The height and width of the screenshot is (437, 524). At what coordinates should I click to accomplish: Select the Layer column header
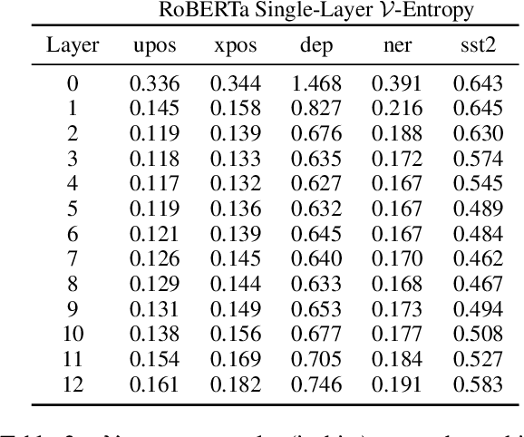[73, 44]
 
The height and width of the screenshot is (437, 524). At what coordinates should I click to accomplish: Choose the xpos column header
[235, 46]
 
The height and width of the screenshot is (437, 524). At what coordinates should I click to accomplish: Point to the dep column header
[315, 45]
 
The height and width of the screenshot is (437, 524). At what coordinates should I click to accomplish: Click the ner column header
[395, 46]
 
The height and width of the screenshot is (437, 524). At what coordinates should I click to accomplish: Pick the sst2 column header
[477, 45]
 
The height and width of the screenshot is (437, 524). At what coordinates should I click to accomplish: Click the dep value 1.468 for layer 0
[315, 83]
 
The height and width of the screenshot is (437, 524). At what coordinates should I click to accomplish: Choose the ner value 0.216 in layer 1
[396, 106]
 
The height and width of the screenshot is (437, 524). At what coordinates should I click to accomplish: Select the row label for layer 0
[73, 83]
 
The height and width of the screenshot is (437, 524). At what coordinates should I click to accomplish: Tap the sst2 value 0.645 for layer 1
[477, 106]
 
